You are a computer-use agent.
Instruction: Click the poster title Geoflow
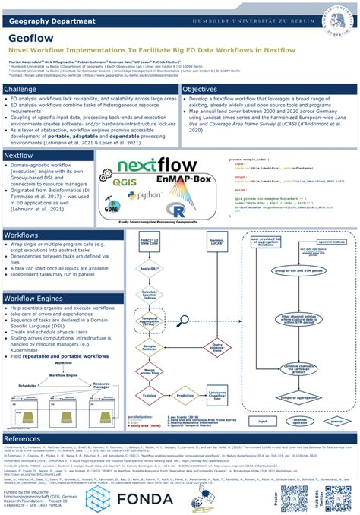click(31, 35)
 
